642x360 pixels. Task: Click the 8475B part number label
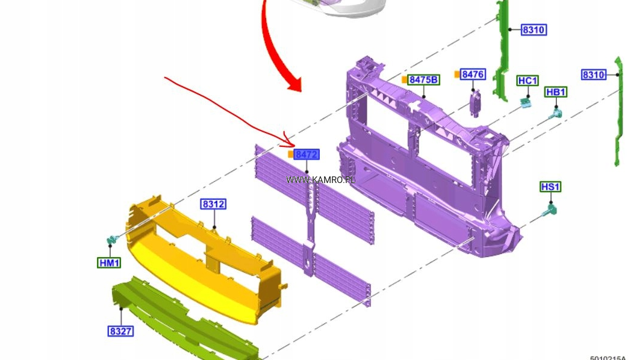(x=424, y=80)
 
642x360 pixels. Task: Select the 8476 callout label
(x=473, y=74)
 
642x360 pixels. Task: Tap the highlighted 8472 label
(x=307, y=154)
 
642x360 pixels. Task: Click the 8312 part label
(x=213, y=203)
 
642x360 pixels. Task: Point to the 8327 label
(x=121, y=331)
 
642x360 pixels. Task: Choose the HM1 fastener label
(x=110, y=262)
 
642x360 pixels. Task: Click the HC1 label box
(x=528, y=81)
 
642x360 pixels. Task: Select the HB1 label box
(x=556, y=92)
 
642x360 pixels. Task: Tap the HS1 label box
(x=550, y=187)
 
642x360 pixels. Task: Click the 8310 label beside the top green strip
(x=534, y=29)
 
